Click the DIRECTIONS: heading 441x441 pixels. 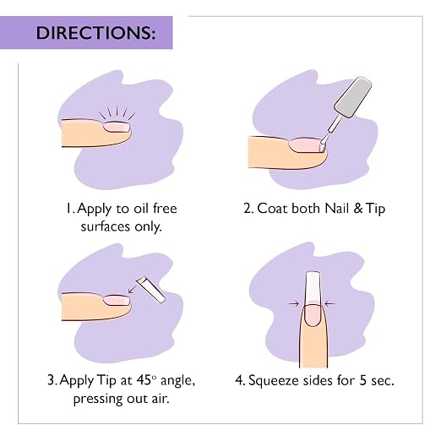[95, 33]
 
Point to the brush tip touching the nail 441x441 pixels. [322, 147]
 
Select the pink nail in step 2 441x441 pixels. [304, 144]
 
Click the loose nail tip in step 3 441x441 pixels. [150, 289]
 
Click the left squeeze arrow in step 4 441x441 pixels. [293, 303]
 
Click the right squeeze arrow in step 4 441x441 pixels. [329, 303]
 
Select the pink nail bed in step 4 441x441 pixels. [312, 315]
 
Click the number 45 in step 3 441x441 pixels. [144, 380]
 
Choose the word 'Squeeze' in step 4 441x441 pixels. [273, 381]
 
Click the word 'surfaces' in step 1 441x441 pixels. [106, 226]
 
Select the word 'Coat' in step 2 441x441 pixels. [273, 209]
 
